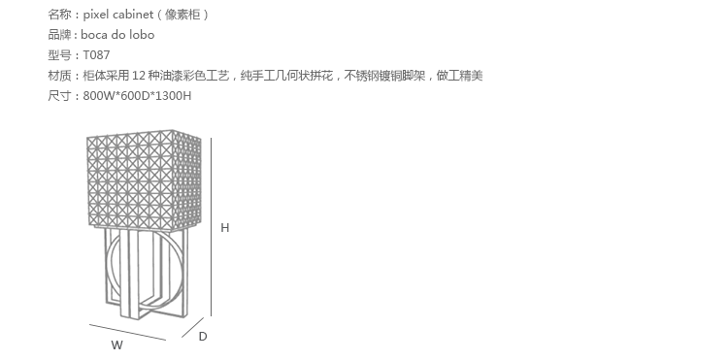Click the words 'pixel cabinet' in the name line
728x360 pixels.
[x=117, y=15]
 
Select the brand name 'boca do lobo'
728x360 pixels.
[x=117, y=35]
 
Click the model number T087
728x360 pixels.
[x=96, y=55]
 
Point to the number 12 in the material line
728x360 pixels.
[x=139, y=76]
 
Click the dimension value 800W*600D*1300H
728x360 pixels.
[x=137, y=96]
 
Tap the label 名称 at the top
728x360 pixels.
[x=60, y=15]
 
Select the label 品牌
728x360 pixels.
[x=60, y=35]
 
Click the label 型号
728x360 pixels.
[x=60, y=55]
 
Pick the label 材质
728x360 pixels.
[x=60, y=76]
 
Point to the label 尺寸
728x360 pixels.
[x=60, y=96]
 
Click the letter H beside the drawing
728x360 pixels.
[x=225, y=228]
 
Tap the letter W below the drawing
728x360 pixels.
[x=117, y=345]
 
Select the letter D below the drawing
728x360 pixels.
[x=203, y=337]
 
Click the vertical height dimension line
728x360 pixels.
[x=212, y=227]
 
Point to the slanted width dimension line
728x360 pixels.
[x=128, y=332]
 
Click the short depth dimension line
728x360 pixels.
[x=193, y=328]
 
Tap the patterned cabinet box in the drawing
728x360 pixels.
[x=145, y=180]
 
